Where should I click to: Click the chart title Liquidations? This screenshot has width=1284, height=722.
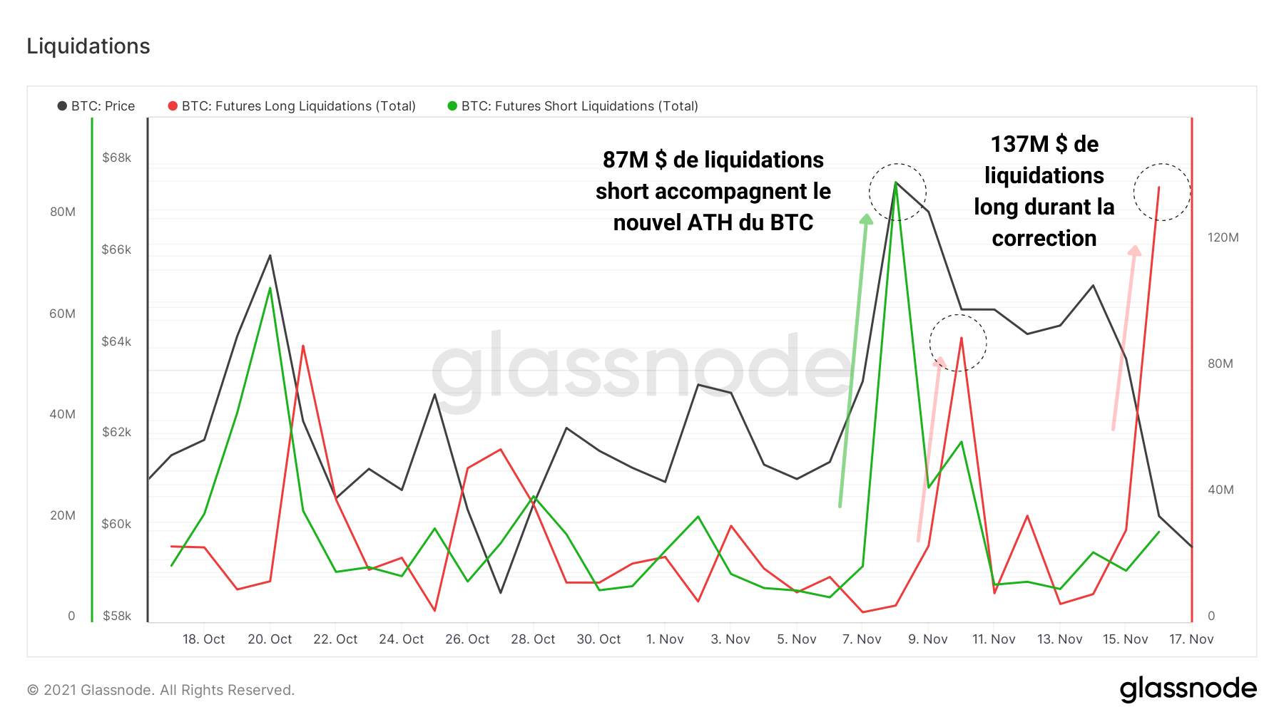click(x=88, y=46)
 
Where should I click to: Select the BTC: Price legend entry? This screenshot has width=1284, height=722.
click(x=96, y=106)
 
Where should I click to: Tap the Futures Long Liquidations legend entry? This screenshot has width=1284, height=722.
click(x=292, y=106)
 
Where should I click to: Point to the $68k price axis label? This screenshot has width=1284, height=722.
click(x=116, y=158)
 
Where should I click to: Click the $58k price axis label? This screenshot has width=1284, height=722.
click(x=116, y=616)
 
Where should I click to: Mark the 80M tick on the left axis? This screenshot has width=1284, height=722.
click(x=63, y=212)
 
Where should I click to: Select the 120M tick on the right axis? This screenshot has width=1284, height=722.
click(x=1223, y=237)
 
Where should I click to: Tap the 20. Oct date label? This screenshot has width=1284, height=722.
click(x=270, y=639)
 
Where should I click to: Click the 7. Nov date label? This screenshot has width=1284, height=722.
click(x=862, y=639)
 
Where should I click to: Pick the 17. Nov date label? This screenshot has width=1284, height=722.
click(x=1191, y=639)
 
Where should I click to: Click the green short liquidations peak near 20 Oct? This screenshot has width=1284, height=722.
click(x=270, y=289)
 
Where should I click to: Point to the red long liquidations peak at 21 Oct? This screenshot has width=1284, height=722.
click(x=303, y=346)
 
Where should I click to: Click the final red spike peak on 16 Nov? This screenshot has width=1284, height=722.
click(x=1158, y=187)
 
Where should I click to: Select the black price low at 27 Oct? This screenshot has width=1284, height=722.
click(x=501, y=592)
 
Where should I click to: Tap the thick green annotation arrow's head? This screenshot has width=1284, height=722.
click(x=867, y=219)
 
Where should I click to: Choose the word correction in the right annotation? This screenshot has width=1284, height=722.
click(x=1044, y=238)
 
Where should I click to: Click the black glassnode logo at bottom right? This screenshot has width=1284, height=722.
click(x=1188, y=689)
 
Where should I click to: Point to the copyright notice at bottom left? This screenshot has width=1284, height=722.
click(x=160, y=690)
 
